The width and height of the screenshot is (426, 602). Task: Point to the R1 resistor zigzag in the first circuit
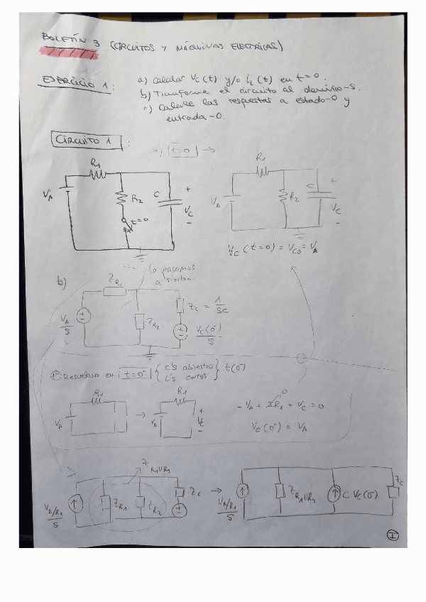tap(97, 172)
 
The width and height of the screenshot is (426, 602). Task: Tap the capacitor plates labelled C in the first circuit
tap(170, 202)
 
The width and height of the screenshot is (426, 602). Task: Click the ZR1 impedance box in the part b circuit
tap(114, 290)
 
